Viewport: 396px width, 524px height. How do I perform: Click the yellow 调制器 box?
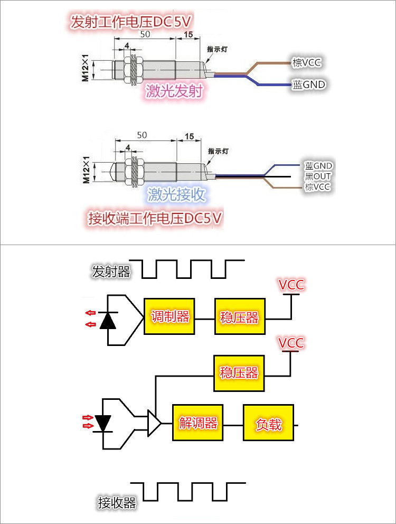click(x=169, y=316)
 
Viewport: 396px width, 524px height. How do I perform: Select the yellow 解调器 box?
click(x=198, y=423)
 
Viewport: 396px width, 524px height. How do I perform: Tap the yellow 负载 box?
click(x=268, y=423)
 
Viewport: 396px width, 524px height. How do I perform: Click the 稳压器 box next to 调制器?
click(x=240, y=316)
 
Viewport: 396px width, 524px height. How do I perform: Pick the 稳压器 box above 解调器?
click(x=239, y=373)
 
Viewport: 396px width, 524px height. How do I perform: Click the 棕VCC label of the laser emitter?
click(x=306, y=62)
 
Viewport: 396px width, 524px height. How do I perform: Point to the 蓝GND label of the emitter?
click(x=309, y=85)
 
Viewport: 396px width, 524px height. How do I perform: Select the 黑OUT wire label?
click(x=317, y=176)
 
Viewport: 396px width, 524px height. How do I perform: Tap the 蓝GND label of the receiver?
click(x=318, y=166)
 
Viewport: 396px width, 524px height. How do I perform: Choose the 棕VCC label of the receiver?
click(x=317, y=186)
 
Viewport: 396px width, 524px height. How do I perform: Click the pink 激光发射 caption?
click(x=174, y=90)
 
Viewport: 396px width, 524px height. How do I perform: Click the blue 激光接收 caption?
click(x=176, y=194)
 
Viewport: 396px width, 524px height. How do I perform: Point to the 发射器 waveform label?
click(x=111, y=272)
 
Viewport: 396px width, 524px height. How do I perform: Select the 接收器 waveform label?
click(x=117, y=502)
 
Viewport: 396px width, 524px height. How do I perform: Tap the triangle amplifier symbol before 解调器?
click(x=154, y=423)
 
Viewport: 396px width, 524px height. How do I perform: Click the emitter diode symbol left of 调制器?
click(x=108, y=320)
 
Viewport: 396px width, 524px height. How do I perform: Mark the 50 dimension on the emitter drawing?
click(x=145, y=34)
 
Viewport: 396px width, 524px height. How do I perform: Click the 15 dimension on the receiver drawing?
click(x=189, y=136)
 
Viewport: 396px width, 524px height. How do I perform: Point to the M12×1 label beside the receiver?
click(x=86, y=170)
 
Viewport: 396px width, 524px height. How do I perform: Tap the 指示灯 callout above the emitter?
click(x=217, y=49)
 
